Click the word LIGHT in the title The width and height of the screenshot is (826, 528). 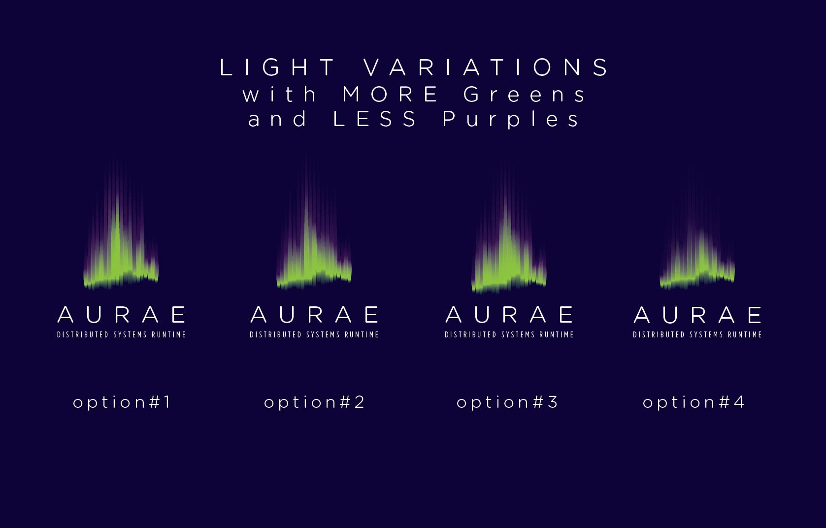(277, 67)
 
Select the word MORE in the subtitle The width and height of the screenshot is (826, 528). (390, 94)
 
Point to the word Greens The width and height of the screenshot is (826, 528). (524, 94)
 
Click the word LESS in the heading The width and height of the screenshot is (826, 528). (375, 119)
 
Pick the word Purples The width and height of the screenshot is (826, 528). (511, 120)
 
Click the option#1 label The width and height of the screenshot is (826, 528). (122, 402)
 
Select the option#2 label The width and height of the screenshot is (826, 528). (314, 402)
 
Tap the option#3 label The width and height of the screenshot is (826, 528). (507, 402)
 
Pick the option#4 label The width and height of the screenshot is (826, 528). (694, 402)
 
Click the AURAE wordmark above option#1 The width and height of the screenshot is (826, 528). (122, 315)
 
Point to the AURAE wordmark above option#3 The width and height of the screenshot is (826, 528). (509, 315)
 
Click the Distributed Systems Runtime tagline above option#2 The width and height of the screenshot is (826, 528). (314, 334)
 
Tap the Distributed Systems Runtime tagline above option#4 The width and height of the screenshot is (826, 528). (697, 334)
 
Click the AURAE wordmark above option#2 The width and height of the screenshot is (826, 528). (315, 315)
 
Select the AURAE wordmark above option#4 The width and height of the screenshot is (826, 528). (697, 315)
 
